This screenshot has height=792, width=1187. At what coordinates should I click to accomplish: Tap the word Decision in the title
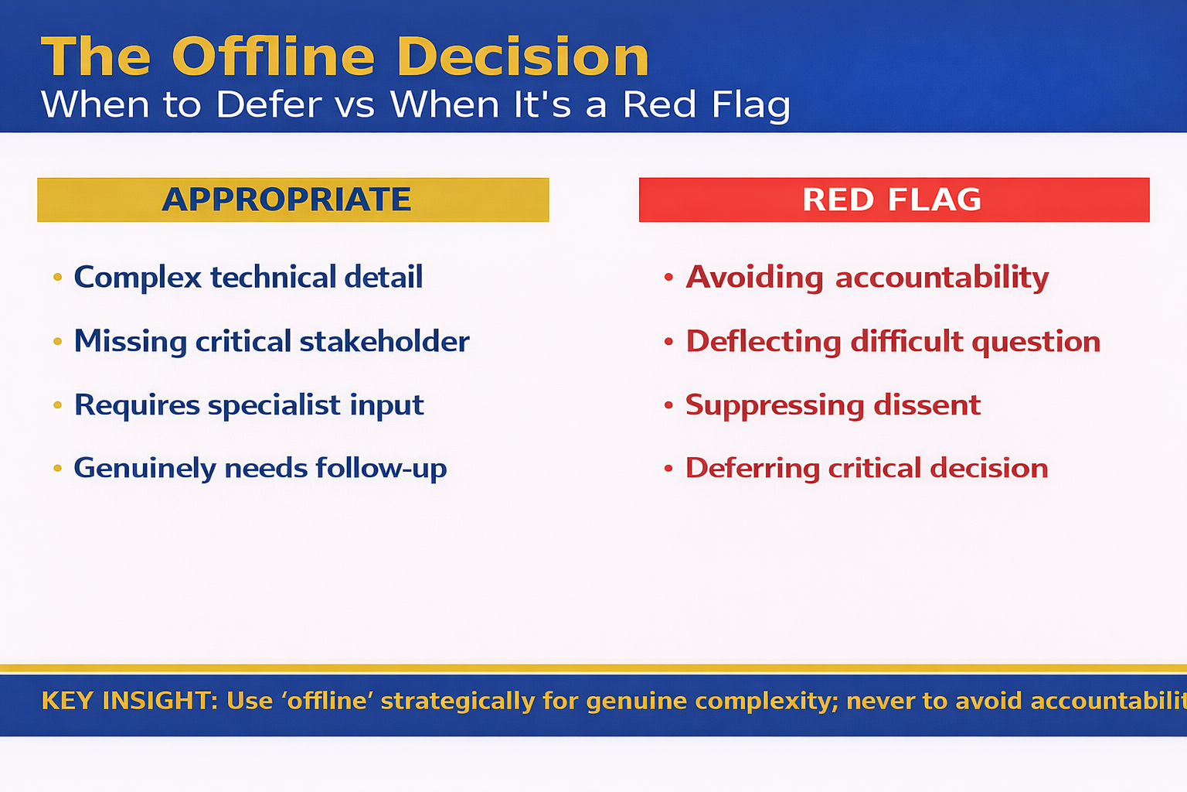click(x=523, y=57)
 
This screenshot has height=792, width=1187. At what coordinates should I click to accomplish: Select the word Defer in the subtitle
click(x=268, y=104)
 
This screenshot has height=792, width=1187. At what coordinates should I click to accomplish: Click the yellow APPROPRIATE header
click(x=293, y=200)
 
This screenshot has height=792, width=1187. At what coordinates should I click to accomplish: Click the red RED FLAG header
click(x=893, y=200)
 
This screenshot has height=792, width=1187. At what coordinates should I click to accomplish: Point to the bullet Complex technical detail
click(x=248, y=278)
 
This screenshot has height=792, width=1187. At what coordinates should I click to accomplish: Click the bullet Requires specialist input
click(x=249, y=405)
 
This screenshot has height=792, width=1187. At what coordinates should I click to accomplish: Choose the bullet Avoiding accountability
click(x=867, y=278)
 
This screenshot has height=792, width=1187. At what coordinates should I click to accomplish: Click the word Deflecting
click(x=764, y=341)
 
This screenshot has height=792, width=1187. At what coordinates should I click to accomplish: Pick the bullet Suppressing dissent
click(x=833, y=405)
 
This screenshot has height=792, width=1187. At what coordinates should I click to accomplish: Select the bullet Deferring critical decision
click(x=866, y=468)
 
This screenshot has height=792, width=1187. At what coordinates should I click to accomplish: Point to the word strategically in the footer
click(x=457, y=701)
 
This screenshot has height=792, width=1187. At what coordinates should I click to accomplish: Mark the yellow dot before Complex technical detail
click(x=57, y=277)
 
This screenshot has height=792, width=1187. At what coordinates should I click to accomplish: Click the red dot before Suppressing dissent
click(x=668, y=405)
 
